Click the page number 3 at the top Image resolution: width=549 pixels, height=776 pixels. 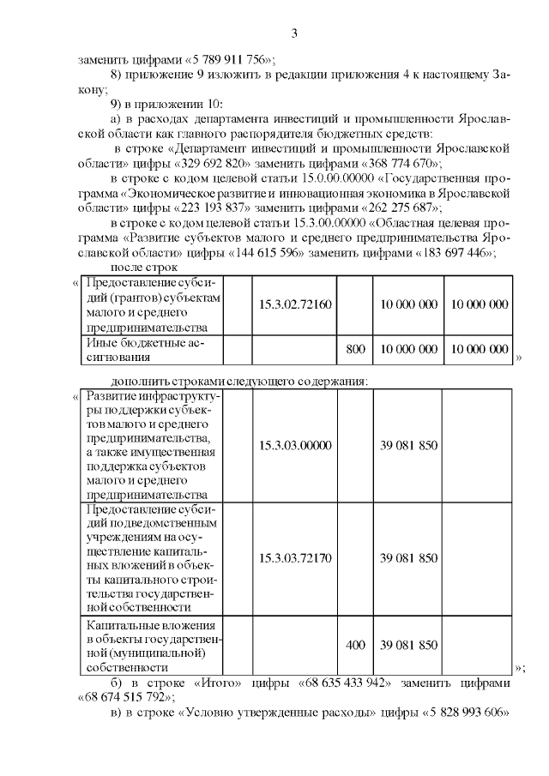click(x=294, y=33)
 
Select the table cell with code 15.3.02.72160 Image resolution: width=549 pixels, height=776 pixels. click(x=295, y=304)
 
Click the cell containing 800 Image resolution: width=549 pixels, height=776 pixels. click(x=354, y=350)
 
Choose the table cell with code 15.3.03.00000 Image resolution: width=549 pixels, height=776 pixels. click(x=295, y=445)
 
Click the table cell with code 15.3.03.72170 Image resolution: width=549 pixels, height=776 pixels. click(x=295, y=558)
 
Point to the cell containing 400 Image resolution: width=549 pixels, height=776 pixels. click(x=354, y=645)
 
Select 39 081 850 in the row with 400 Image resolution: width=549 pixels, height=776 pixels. click(x=409, y=645)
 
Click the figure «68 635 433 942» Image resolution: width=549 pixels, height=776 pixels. click(x=346, y=683)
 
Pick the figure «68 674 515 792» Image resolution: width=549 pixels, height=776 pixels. click(x=124, y=697)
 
